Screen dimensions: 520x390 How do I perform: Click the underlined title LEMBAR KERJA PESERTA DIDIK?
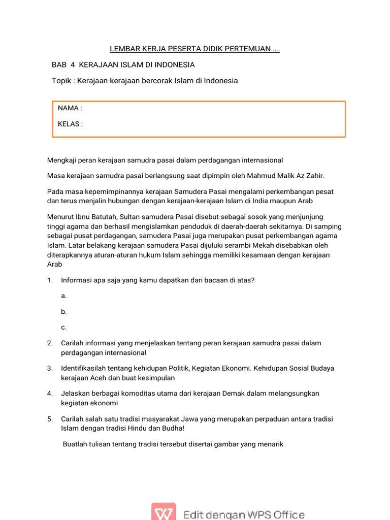(x=195, y=49)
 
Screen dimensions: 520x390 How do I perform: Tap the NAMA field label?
(x=70, y=108)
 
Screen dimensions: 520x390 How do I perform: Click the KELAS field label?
(x=70, y=124)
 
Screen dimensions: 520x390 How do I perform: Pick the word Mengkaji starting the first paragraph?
(x=62, y=160)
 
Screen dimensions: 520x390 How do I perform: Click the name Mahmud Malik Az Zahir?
(x=285, y=176)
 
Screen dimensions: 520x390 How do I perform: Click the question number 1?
(x=50, y=280)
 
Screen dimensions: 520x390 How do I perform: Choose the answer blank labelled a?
(x=63, y=296)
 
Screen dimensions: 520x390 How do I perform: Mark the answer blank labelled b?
(x=64, y=311)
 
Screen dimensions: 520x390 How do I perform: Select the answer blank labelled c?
(x=63, y=327)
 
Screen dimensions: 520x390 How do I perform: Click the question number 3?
(x=50, y=368)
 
